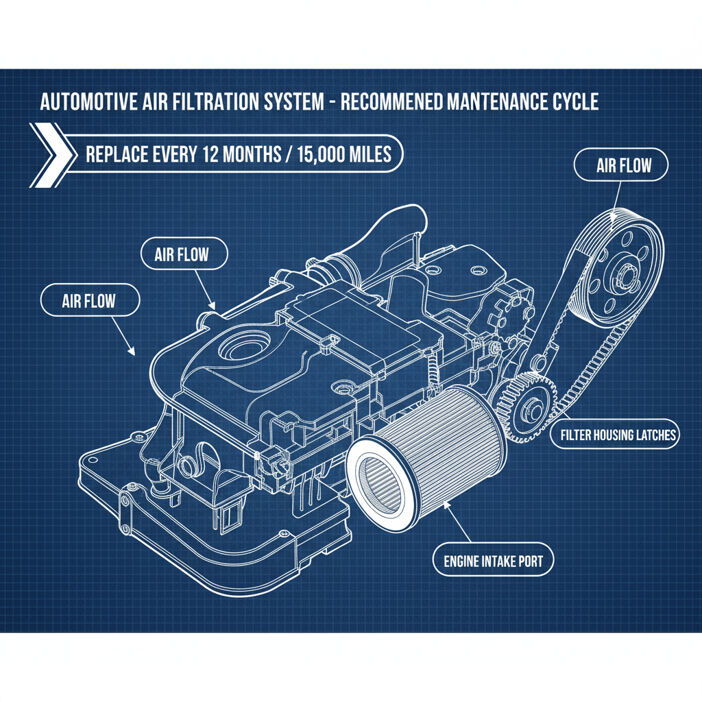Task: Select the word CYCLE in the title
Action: point(574,103)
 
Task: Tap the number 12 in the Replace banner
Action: point(210,154)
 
